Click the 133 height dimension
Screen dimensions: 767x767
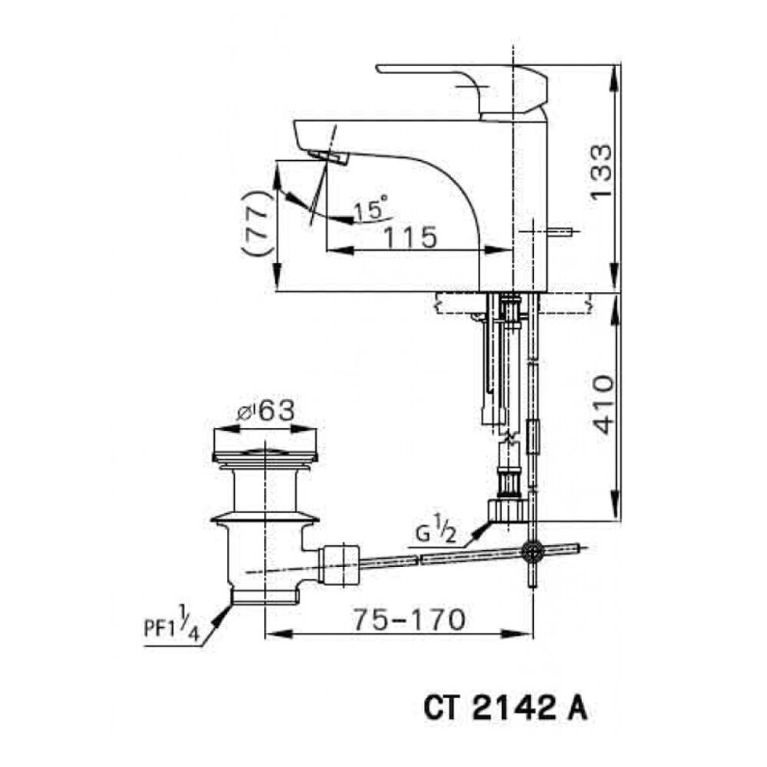tap(602, 172)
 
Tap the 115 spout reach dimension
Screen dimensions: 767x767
tap(413, 237)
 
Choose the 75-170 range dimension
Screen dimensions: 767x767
tap(410, 619)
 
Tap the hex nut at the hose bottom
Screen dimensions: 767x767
tap(507, 509)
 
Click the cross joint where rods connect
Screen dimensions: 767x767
tap(532, 551)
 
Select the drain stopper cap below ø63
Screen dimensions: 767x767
tap(265, 453)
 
